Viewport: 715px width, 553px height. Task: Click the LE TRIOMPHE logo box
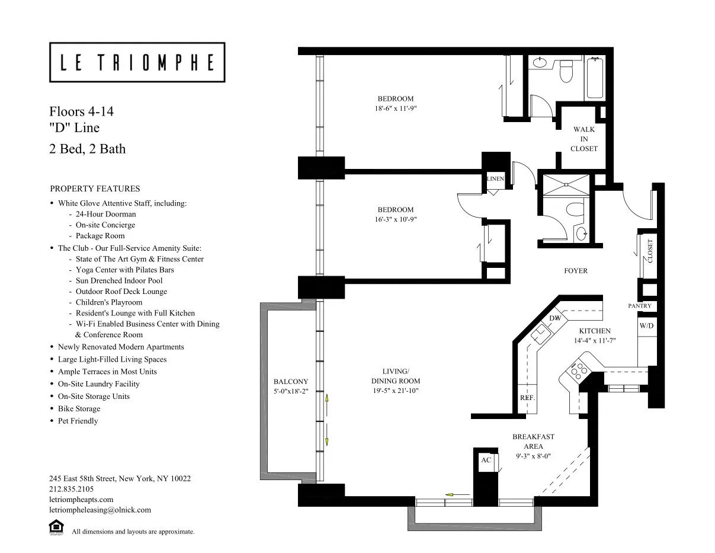(137, 62)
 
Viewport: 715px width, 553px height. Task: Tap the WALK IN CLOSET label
(583, 139)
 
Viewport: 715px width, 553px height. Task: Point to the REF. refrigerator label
(527, 398)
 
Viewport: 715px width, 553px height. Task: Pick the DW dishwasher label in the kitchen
(555, 319)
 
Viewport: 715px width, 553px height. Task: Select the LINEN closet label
(495, 178)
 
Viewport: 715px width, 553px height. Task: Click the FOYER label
(575, 271)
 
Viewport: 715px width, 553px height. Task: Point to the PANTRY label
(640, 306)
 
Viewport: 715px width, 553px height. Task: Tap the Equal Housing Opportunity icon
(56, 528)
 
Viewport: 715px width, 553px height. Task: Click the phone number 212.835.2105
(72, 489)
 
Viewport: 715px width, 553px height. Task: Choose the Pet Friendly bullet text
(78, 421)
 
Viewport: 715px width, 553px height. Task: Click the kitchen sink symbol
(540, 335)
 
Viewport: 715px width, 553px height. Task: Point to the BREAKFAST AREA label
(533, 442)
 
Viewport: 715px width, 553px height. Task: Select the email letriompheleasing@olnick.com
(100, 510)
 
